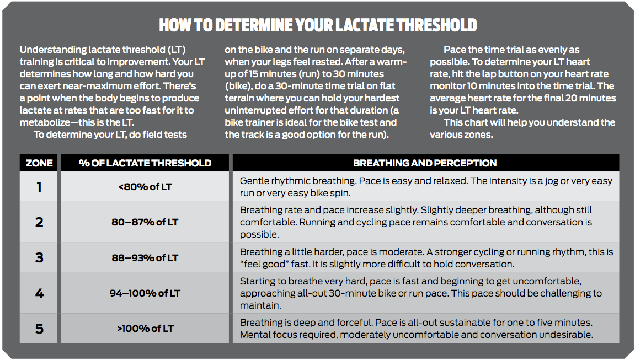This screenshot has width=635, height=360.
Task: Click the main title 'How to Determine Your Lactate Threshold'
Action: point(318,25)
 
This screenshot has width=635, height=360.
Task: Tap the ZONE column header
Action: point(39,163)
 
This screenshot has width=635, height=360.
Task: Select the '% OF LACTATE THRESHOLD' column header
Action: point(145,163)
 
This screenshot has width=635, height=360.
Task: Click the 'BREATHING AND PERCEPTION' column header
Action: point(425,163)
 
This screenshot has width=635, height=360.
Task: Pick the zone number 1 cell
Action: point(39,187)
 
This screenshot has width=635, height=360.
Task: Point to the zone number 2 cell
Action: point(39,222)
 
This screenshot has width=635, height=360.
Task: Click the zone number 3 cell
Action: point(39,257)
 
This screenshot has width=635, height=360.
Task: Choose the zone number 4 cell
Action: point(39,293)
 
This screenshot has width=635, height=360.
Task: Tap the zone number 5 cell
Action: point(39,329)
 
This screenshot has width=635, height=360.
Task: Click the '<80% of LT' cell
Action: point(145,187)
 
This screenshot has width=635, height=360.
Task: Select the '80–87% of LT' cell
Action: point(145,222)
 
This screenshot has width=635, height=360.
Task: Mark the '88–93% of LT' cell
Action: point(145,257)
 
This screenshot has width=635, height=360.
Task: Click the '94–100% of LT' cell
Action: point(145,293)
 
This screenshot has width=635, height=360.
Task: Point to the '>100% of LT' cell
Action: point(145,329)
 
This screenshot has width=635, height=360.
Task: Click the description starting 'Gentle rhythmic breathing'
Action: point(425,187)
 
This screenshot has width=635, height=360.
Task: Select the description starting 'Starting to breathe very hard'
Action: point(420,293)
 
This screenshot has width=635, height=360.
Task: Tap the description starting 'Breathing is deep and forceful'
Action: point(416,329)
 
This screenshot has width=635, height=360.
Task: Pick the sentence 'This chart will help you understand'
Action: point(529,122)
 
